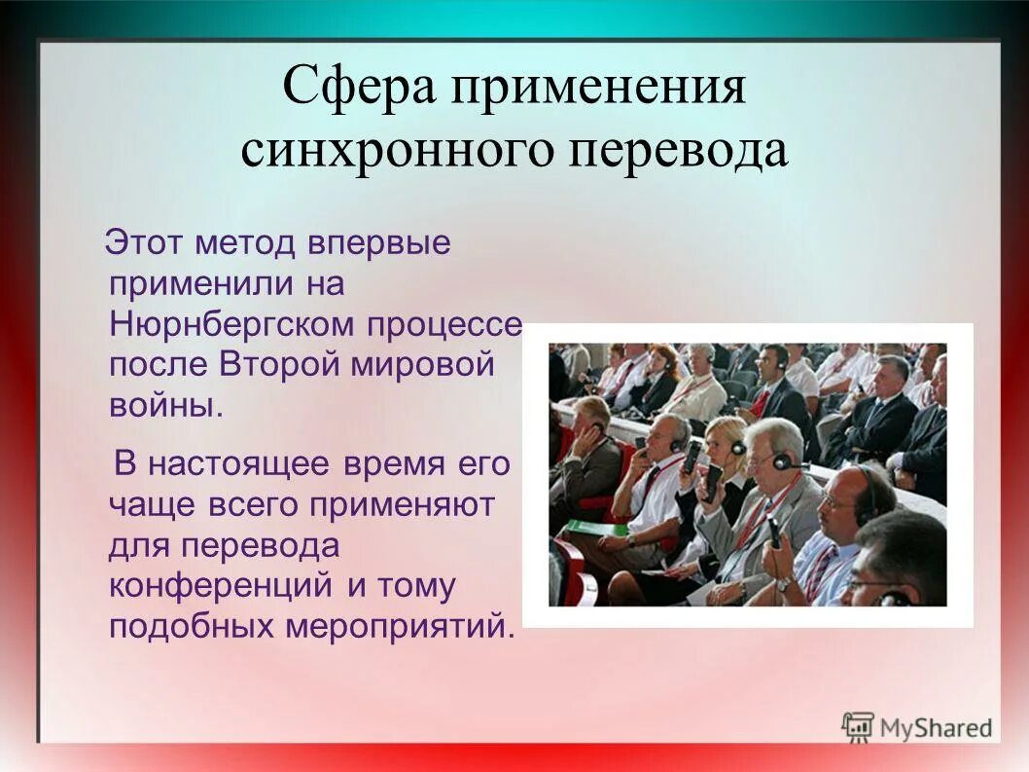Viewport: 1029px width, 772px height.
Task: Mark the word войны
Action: [165, 404]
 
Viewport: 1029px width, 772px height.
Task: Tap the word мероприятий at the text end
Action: [399, 625]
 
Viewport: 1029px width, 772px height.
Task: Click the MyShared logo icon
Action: [858, 726]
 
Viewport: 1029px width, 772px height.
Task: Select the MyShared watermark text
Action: [936, 727]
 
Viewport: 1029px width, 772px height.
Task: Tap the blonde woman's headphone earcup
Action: [738, 448]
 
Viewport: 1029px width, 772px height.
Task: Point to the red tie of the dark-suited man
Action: [761, 402]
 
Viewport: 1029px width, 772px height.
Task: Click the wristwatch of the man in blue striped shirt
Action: [784, 583]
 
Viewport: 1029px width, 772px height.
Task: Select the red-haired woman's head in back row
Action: [665, 358]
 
